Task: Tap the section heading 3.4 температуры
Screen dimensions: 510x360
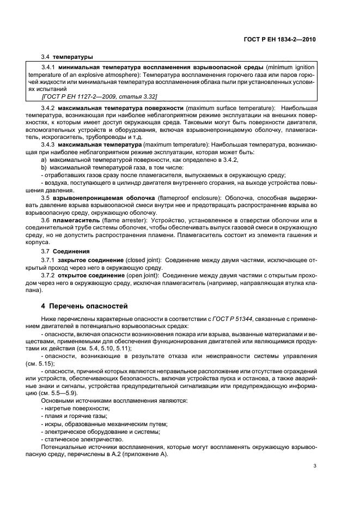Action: point(66,56)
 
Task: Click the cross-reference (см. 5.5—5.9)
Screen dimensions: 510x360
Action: point(63,392)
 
